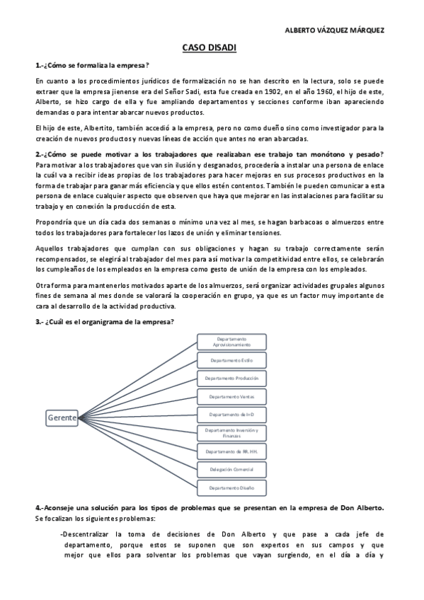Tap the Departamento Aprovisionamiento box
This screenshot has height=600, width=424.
(x=231, y=341)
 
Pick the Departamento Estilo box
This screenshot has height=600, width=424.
(x=231, y=360)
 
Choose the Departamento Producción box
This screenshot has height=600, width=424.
(x=231, y=378)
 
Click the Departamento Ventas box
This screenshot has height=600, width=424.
(x=231, y=396)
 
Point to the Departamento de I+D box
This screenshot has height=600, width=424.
(x=231, y=414)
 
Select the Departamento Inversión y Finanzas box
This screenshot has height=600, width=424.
(x=231, y=432)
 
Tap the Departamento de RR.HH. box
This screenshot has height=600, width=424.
(x=231, y=451)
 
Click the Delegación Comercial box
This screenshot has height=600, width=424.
(x=231, y=469)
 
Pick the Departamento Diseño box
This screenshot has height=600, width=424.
(x=231, y=487)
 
